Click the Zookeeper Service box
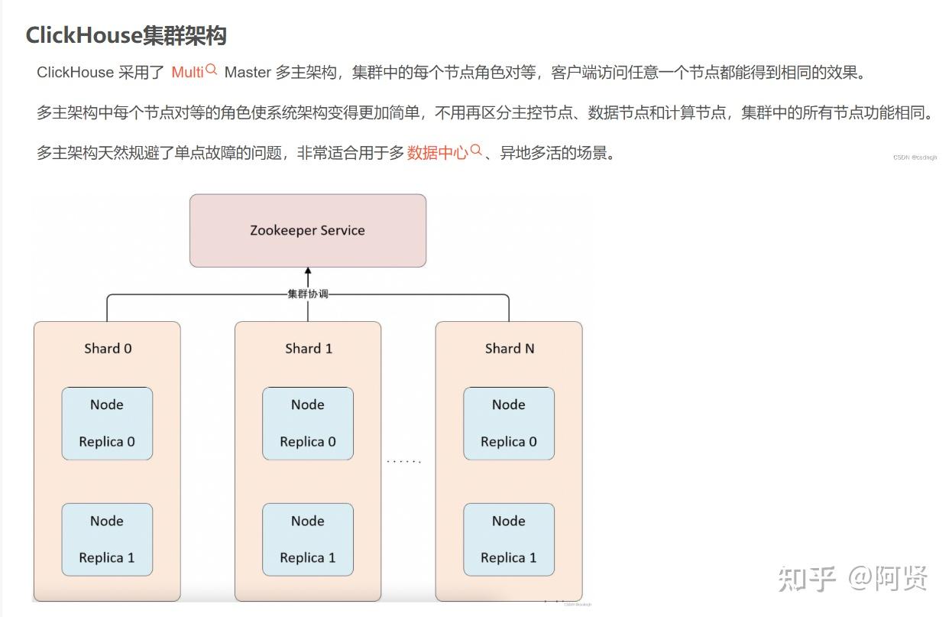pos(307,230)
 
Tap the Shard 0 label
pos(108,349)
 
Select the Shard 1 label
pos(309,349)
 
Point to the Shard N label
pos(510,349)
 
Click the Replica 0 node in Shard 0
pos(107,424)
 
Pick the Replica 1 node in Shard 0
pos(107,540)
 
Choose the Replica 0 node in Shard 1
pos(308,424)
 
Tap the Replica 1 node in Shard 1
pos(308,540)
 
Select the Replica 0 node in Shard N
pos(509,424)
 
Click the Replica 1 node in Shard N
pos(509,540)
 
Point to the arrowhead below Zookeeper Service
pos(308,271)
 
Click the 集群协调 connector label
pos(308,294)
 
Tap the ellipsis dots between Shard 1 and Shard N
pos(403,461)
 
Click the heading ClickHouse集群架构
pos(126,35)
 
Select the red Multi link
pos(187,73)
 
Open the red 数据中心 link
pos(437,153)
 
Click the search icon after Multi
pos(212,70)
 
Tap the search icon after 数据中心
pos(476,151)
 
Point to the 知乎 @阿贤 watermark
pos(853,578)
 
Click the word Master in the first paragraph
pos(248,73)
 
